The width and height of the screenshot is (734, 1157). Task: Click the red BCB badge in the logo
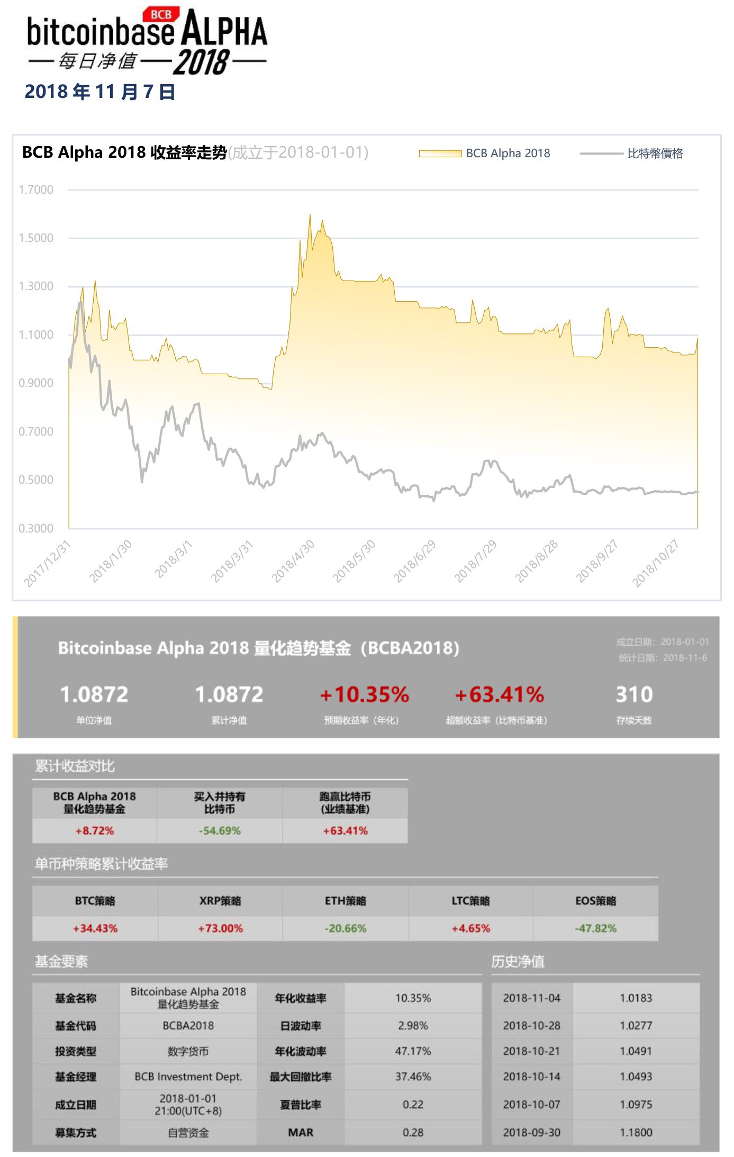[x=161, y=14]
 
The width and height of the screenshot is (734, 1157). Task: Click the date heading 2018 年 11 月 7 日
[x=100, y=92]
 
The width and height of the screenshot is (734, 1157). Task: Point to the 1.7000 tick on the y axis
[x=36, y=189]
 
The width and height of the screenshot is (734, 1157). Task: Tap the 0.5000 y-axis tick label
[x=36, y=480]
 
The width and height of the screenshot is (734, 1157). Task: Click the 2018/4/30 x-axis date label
[x=293, y=562]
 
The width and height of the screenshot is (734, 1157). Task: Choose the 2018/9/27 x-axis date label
[x=597, y=562]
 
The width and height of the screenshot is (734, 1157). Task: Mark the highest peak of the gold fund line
[x=310, y=215]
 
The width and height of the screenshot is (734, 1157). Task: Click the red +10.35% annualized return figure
[x=365, y=695]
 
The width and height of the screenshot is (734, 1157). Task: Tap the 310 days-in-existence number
[x=634, y=694]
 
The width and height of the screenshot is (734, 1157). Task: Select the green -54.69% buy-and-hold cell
[x=220, y=830]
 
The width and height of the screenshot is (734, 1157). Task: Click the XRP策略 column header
[x=220, y=901]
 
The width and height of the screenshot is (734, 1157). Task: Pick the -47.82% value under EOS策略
[x=595, y=928]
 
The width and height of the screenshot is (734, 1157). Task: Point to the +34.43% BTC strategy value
[x=95, y=928]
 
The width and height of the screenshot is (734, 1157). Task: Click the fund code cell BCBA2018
[x=188, y=1026]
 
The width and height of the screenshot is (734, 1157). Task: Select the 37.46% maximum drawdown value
[x=413, y=1077]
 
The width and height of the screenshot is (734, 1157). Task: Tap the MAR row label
[x=301, y=1132]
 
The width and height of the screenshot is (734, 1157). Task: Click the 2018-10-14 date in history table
[x=531, y=1077]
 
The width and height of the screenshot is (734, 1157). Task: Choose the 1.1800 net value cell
[x=636, y=1132]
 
